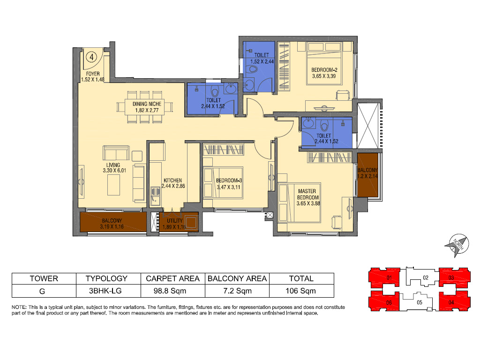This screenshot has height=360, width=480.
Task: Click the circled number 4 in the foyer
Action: tap(91, 57)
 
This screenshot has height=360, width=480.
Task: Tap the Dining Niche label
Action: tap(147, 104)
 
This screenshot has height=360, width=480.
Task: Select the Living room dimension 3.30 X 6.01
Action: tap(114, 171)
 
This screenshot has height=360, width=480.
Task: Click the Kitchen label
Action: tap(172, 180)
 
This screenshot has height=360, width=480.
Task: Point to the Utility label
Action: tap(175, 221)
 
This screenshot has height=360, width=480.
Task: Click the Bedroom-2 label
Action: tap(324, 70)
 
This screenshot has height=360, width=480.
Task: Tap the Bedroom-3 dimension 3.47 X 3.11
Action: tap(228, 187)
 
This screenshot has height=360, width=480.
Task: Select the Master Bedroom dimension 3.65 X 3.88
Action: tap(308, 203)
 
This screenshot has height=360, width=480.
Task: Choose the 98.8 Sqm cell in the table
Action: tap(170, 291)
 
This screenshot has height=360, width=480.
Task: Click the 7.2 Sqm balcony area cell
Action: tap(238, 291)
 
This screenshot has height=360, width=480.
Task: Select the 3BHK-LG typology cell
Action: tap(105, 291)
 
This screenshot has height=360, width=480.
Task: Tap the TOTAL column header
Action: tap(301, 278)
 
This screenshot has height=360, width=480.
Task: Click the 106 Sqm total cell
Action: tap(300, 291)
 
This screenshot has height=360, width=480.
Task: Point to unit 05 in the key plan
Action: tap(420, 302)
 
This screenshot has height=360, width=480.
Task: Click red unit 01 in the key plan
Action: tap(385, 277)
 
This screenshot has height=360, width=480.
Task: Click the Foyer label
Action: tap(93, 74)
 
